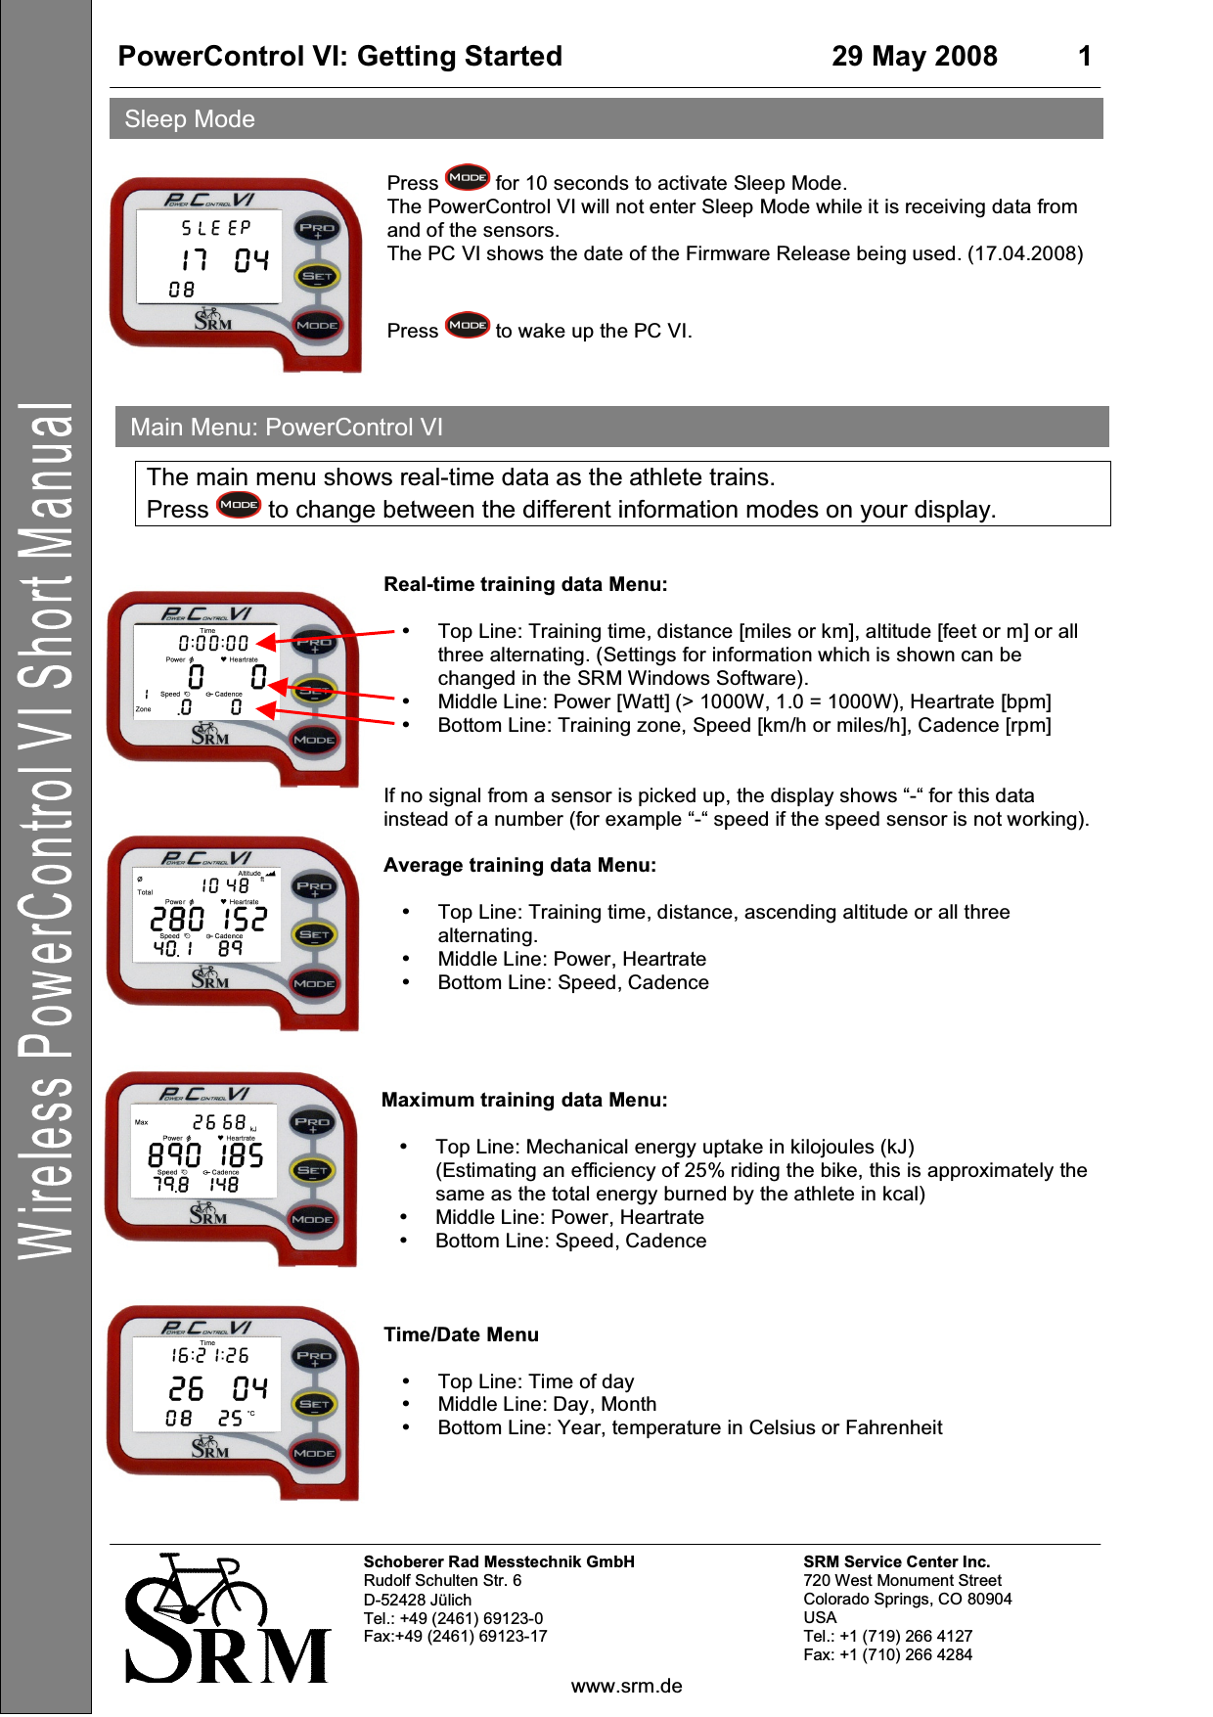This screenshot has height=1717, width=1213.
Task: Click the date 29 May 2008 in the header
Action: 914,57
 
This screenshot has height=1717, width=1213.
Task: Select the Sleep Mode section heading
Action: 190,119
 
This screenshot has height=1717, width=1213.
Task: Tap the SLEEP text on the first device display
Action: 216,228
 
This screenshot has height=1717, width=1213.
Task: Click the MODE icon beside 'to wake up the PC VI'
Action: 468,326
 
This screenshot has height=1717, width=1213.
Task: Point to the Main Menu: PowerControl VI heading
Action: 287,428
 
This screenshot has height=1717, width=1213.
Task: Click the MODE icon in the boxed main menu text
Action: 239,506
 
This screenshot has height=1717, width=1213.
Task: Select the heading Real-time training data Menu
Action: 525,584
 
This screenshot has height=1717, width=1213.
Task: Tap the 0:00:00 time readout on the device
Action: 213,643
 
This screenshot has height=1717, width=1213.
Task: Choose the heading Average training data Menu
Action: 519,865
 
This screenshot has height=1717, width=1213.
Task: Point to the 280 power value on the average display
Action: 177,919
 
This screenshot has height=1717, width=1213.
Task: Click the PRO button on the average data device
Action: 314,886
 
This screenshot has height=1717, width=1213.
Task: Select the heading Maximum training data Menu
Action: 524,1100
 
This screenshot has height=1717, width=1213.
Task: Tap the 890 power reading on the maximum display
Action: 175,1155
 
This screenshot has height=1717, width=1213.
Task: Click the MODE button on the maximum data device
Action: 312,1219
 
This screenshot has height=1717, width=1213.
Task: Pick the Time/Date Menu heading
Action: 461,1334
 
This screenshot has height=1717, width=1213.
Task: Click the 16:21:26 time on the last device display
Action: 210,1355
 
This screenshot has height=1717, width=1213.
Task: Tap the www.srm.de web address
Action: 626,1686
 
